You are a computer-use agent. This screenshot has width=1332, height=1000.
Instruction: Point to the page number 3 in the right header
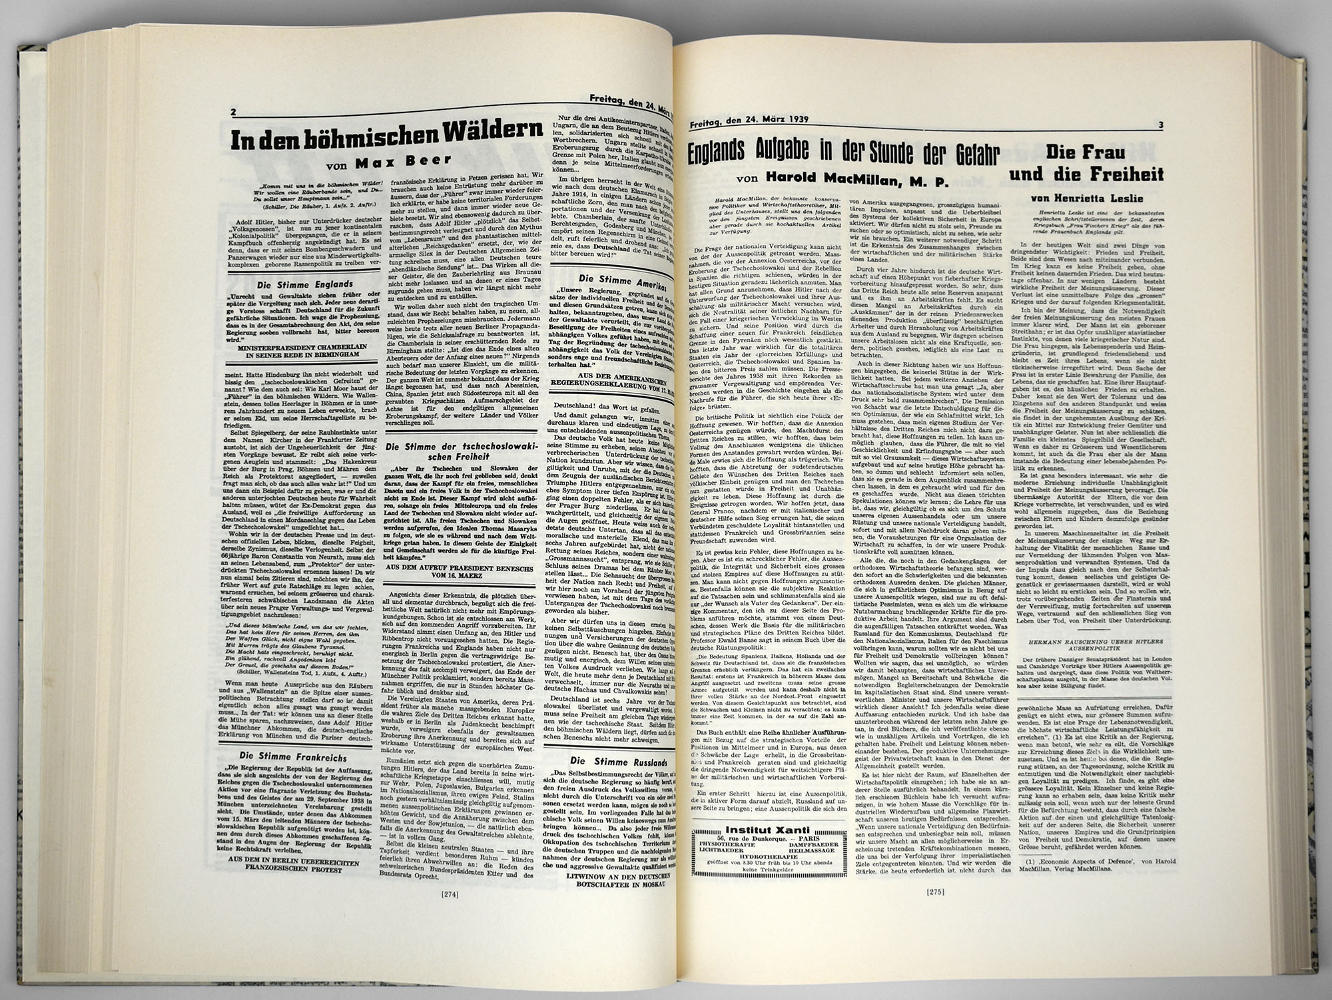[1160, 125]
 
